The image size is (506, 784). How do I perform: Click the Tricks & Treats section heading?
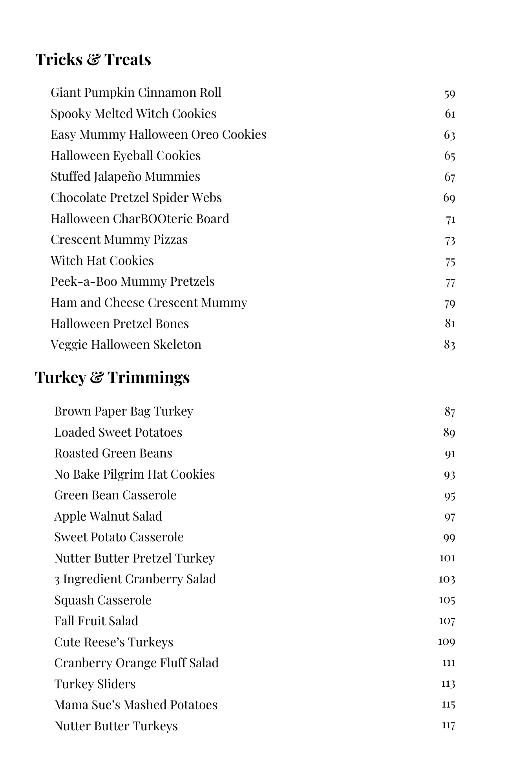93,60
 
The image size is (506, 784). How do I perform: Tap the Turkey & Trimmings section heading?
112,377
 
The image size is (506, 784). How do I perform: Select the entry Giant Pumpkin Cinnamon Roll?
136,93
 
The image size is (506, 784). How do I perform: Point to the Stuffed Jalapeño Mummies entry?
125,177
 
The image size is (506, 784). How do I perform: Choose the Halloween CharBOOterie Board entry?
140,219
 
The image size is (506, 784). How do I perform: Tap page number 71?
450,220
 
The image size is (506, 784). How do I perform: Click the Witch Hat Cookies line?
102,261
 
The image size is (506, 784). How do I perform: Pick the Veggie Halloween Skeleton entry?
126,345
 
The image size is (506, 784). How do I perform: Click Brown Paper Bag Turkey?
124,411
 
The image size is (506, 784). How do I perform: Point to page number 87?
449,412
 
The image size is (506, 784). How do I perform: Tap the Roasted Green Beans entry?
113,453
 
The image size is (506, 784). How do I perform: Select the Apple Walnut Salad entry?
108,516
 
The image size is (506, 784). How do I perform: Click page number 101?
447,558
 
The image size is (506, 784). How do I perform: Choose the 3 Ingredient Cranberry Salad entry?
135,579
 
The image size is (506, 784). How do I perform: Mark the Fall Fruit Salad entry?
96,621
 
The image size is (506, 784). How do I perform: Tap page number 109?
446,642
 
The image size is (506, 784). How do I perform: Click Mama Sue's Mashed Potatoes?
135,705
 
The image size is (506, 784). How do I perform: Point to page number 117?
448,726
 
